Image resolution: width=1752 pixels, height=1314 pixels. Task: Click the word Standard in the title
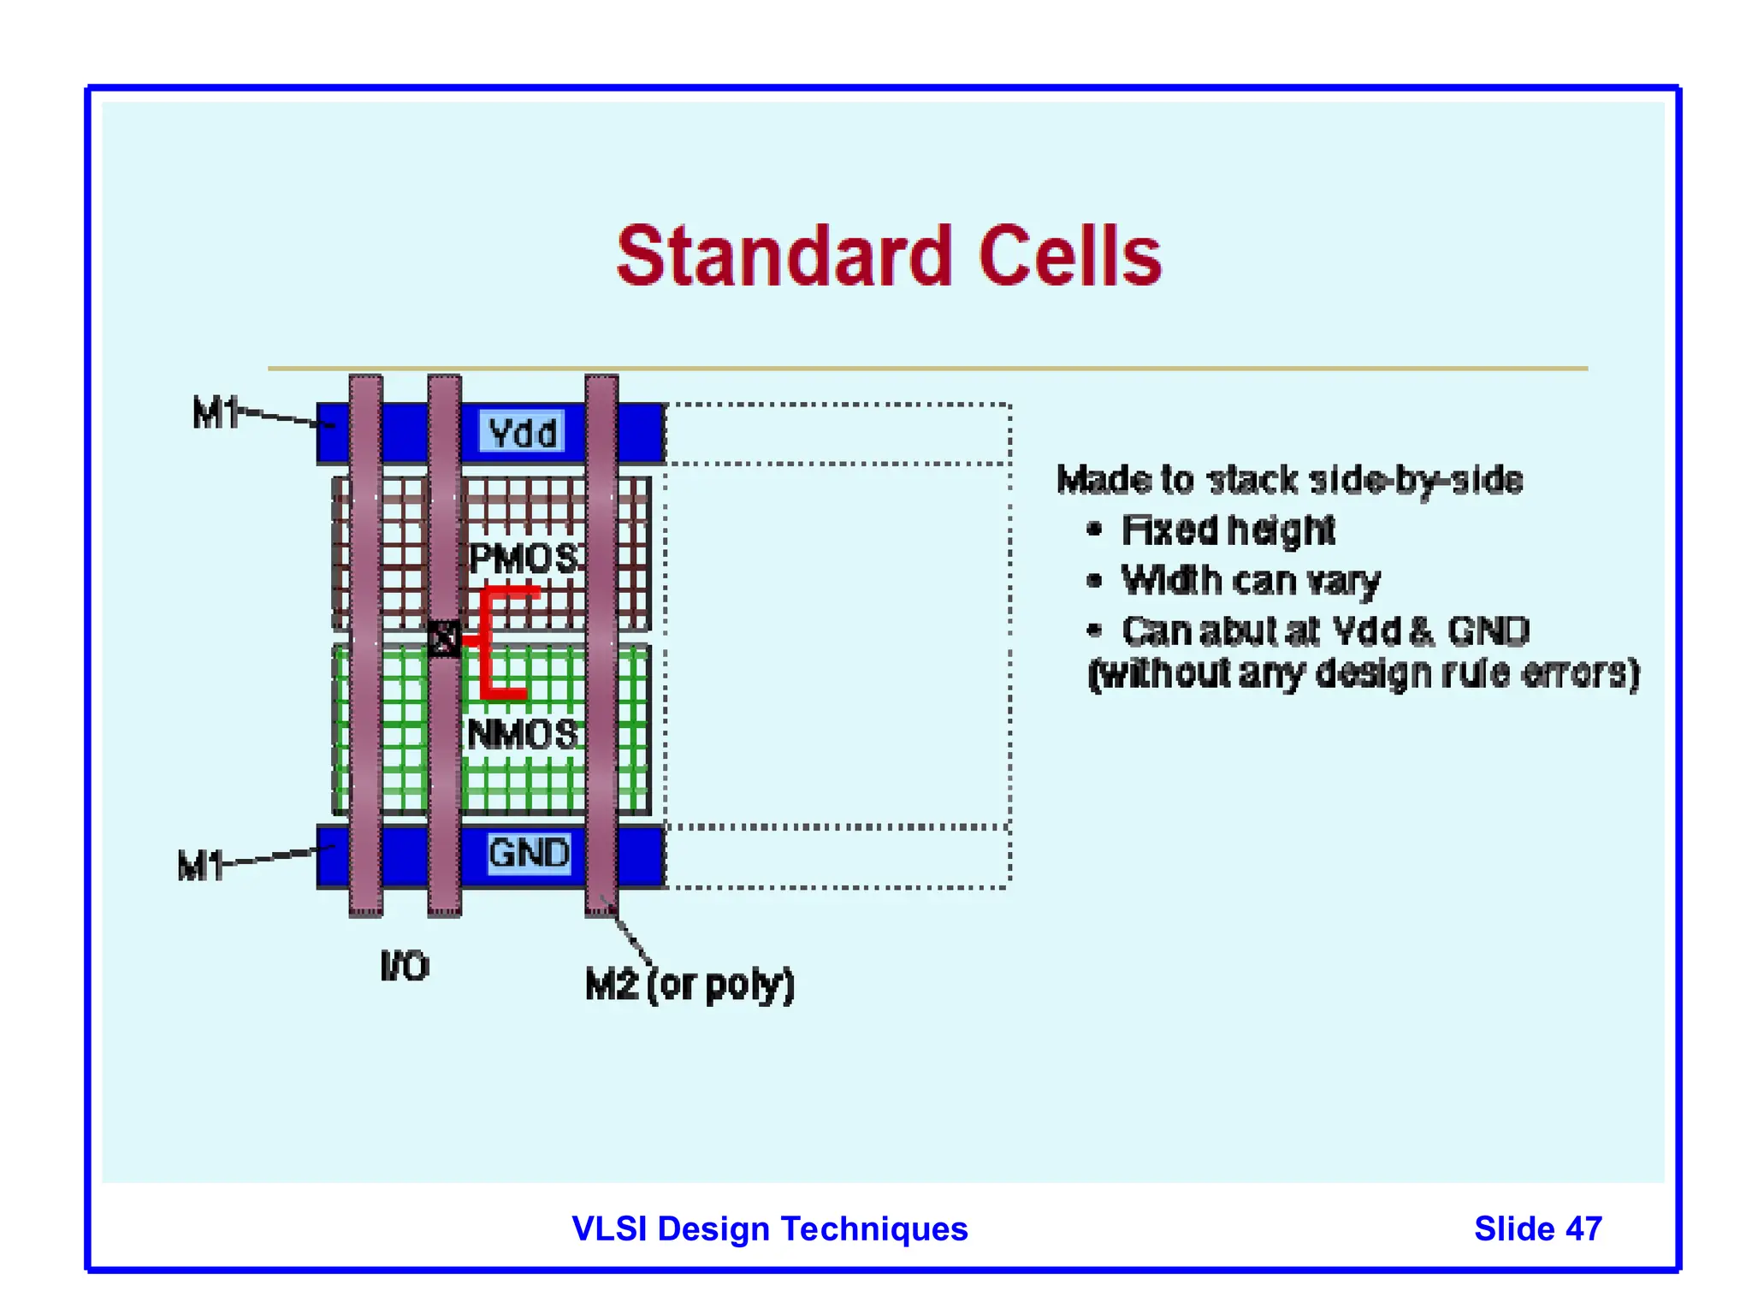click(x=784, y=256)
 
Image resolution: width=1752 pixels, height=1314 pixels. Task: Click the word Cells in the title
click(x=1069, y=256)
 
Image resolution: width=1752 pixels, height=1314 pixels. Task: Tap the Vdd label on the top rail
click(x=523, y=432)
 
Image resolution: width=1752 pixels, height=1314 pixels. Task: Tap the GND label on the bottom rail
click(x=529, y=853)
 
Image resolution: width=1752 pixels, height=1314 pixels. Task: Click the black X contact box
click(x=444, y=638)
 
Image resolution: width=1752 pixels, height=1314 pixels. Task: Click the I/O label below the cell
click(x=405, y=966)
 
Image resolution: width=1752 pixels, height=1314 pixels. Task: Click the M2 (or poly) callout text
click(x=690, y=985)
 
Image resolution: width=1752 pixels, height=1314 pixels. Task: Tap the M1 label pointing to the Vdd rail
click(x=214, y=413)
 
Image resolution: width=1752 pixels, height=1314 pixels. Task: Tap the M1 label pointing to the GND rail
click(x=200, y=865)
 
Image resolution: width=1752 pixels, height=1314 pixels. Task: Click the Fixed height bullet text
click(x=1228, y=530)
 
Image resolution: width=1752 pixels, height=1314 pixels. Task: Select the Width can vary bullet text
click(x=1250, y=581)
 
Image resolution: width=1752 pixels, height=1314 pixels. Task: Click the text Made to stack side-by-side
click(x=1289, y=480)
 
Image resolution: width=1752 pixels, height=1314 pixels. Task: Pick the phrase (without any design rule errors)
click(x=1364, y=673)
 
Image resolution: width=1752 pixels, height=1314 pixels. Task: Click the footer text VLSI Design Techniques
click(x=769, y=1228)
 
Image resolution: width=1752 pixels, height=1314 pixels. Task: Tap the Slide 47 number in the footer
click(x=1537, y=1228)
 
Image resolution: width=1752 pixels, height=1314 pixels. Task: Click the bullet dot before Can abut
click(x=1094, y=631)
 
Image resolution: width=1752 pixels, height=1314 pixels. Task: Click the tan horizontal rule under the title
click(x=927, y=369)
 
